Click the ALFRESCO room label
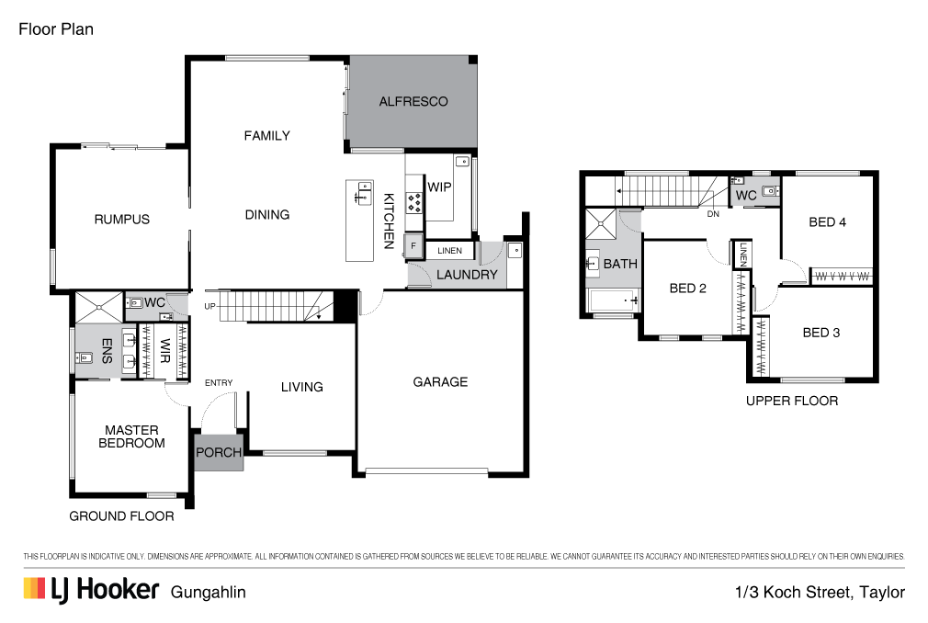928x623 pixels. [413, 101]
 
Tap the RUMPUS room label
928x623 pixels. [121, 220]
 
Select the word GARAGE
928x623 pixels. [440, 382]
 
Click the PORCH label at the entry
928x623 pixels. [219, 453]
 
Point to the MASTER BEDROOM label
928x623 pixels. [131, 436]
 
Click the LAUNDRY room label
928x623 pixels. [467, 274]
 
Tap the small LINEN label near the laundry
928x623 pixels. [449, 250]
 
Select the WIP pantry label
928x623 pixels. [439, 187]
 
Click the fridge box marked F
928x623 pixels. [414, 247]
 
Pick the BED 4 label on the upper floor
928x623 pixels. [822, 221]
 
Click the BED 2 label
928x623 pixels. [687, 288]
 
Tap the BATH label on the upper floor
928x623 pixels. [620, 265]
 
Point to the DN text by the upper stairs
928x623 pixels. [713, 215]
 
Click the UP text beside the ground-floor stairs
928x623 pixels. [210, 306]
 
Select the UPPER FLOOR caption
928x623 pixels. [791, 401]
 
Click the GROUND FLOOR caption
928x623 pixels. [121, 516]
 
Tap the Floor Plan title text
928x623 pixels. [56, 29]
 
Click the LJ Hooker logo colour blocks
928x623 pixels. [35, 589]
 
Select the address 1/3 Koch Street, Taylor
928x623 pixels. [820, 593]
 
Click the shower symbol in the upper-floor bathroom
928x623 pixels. [603, 222]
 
